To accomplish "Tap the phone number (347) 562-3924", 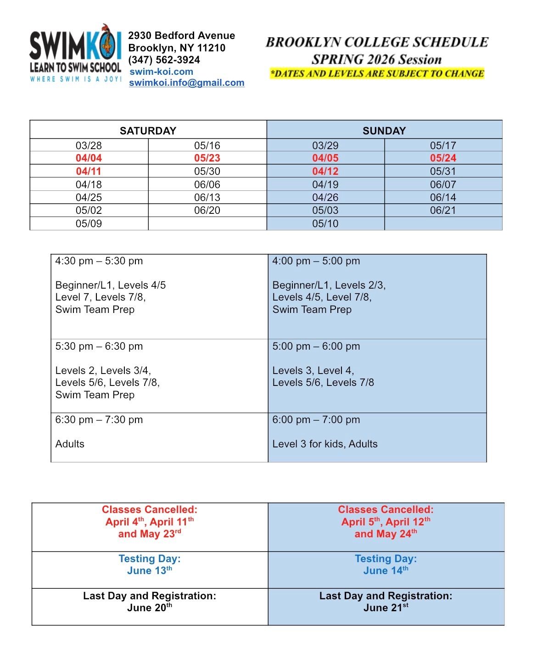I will coord(164,60).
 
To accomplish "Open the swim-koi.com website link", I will coord(161,72).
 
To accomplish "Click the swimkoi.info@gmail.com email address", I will coord(186,83).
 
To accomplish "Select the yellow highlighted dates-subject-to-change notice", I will coord(377,73).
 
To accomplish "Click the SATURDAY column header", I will coord(148,131).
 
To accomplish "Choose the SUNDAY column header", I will coord(384,131).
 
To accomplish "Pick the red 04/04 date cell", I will coord(89,158).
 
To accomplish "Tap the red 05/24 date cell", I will coord(443,158).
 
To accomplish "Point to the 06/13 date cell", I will coord(207,197).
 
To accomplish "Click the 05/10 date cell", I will coord(325,223).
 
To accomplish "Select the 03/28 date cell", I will coord(89,145).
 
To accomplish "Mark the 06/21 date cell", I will coord(443,210).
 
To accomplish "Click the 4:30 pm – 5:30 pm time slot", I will coord(99,261).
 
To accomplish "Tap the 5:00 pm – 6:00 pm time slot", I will coord(316,346).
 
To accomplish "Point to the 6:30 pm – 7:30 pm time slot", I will coord(99,420).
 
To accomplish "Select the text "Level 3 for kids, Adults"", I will coord(325,444).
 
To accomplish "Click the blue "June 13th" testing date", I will coord(149,571).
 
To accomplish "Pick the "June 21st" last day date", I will coord(386,608).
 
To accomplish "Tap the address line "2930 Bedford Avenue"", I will coord(181,36).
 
